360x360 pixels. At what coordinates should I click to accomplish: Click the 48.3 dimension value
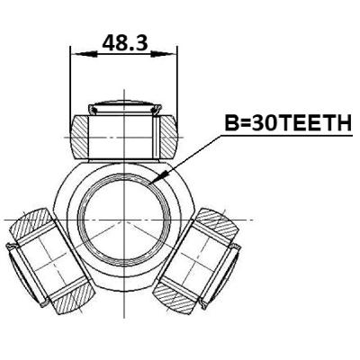pyautogui.click(x=125, y=42)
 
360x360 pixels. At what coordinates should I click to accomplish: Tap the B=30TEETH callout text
pyautogui.click(x=288, y=123)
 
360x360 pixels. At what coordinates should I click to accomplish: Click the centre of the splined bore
pyautogui.click(x=123, y=220)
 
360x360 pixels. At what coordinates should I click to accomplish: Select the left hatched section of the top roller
pyautogui.click(x=79, y=138)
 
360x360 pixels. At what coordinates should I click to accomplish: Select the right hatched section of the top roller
pyautogui.click(x=168, y=138)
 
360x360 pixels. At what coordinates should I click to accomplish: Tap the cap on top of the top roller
pyautogui.click(x=124, y=107)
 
